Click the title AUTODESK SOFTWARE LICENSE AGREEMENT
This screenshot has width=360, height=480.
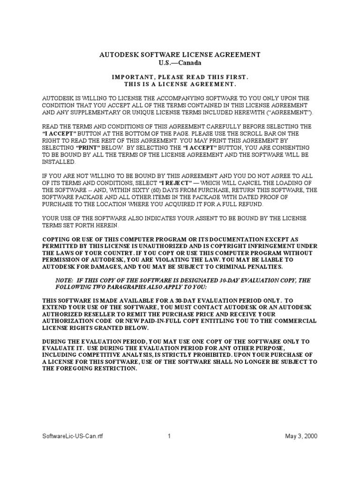point(180,55)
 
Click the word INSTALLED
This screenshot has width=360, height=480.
point(59,161)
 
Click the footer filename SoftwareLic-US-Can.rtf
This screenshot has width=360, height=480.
point(73,436)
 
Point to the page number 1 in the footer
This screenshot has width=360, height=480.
point(169,436)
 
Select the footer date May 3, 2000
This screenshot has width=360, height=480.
point(301,436)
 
